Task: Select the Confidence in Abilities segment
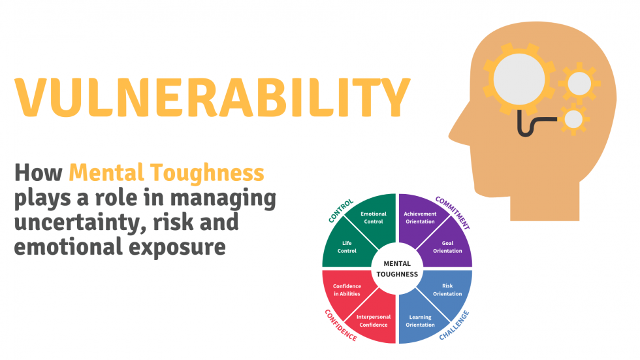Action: point(347,290)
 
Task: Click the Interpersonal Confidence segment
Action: point(373,321)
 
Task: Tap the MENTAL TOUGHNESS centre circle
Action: point(397,269)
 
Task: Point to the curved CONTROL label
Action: point(340,210)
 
